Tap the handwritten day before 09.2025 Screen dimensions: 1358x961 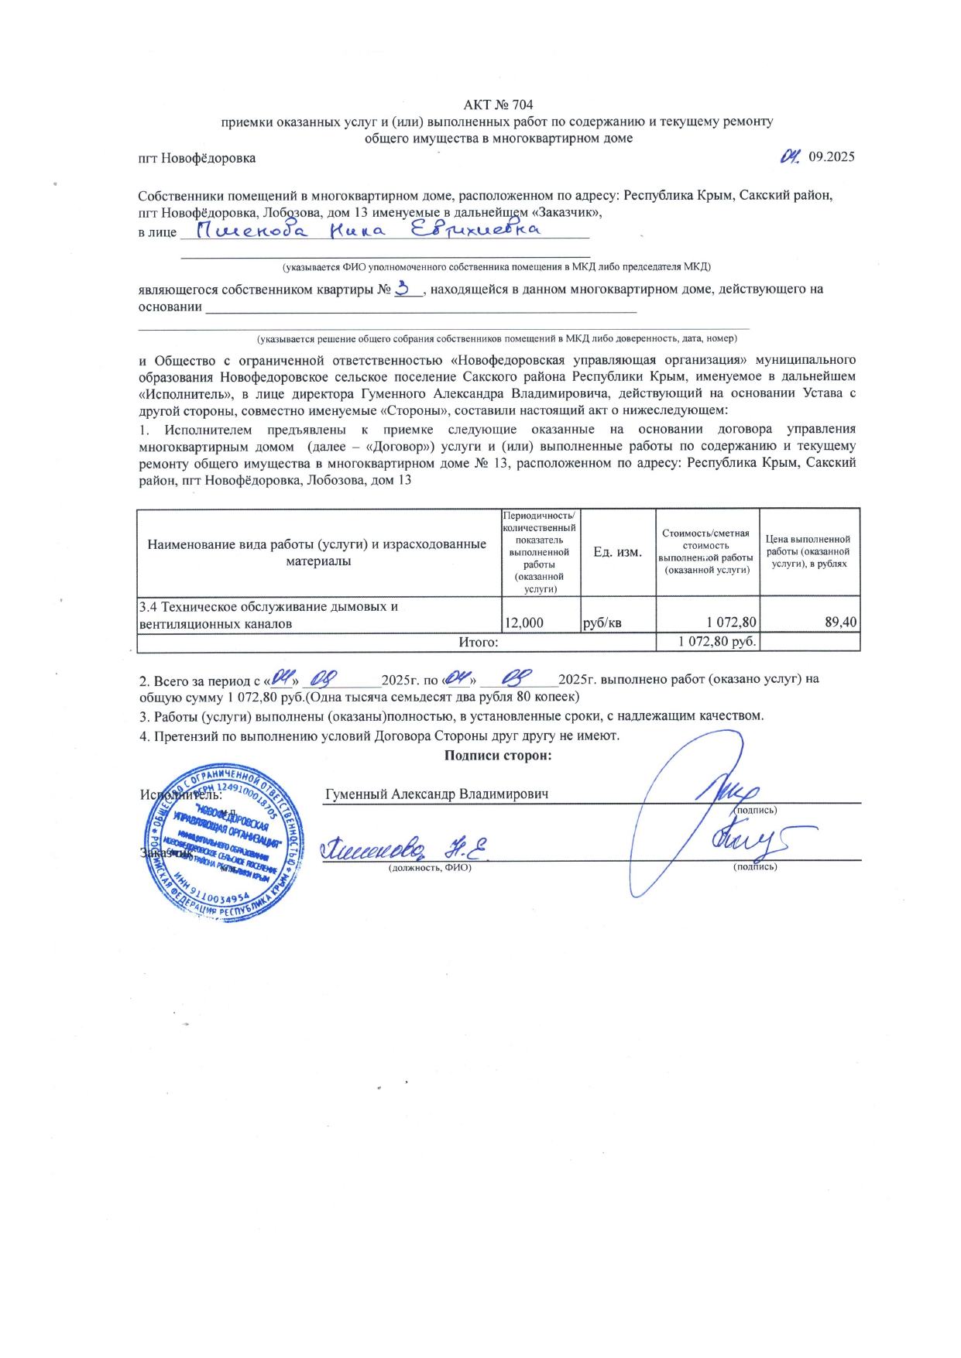[x=790, y=156]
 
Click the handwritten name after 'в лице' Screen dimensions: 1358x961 [x=369, y=230]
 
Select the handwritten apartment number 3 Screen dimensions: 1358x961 [x=403, y=288]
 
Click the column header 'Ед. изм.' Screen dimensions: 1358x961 [x=617, y=552]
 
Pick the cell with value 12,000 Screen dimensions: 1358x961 [x=524, y=622]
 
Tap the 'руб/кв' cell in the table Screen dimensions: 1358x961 [x=602, y=622]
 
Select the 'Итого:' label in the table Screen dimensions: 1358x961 [x=478, y=642]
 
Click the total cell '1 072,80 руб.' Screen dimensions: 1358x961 [x=717, y=641]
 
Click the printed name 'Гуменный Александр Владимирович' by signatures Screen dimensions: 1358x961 [x=437, y=794]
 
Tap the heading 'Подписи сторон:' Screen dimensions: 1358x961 [x=497, y=756]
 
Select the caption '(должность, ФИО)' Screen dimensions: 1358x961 [x=430, y=867]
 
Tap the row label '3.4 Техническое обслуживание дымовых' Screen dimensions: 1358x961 [x=268, y=607]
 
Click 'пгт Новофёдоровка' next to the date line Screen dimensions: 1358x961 [x=197, y=158]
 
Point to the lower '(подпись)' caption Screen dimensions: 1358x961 [x=755, y=866]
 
